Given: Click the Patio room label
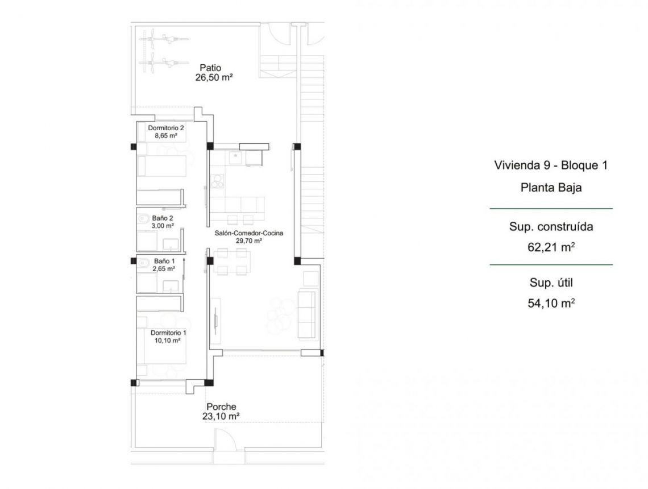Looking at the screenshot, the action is (x=210, y=68).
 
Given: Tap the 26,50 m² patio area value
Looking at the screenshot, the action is (x=214, y=77).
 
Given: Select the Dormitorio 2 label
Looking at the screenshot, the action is (x=166, y=128).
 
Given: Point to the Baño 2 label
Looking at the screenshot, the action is (x=163, y=218).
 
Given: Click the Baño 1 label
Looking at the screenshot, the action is (x=164, y=261).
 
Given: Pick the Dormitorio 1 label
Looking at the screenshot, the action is (x=168, y=333).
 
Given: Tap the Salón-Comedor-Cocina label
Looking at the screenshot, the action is (x=249, y=233).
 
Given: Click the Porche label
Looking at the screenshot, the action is (x=221, y=407).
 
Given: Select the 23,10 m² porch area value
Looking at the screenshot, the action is (x=221, y=416).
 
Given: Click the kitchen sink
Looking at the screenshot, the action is (x=235, y=158).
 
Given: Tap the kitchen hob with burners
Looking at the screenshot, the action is (x=217, y=181).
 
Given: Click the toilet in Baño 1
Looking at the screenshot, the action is (x=143, y=263).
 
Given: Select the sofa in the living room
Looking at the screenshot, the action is (x=307, y=314).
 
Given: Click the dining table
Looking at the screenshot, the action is (x=231, y=262).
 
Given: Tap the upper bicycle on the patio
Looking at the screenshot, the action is (x=163, y=39).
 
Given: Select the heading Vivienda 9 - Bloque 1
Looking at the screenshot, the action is (x=551, y=165).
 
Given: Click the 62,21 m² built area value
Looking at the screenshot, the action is (x=551, y=247).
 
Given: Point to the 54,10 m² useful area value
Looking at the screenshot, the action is (x=551, y=304).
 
